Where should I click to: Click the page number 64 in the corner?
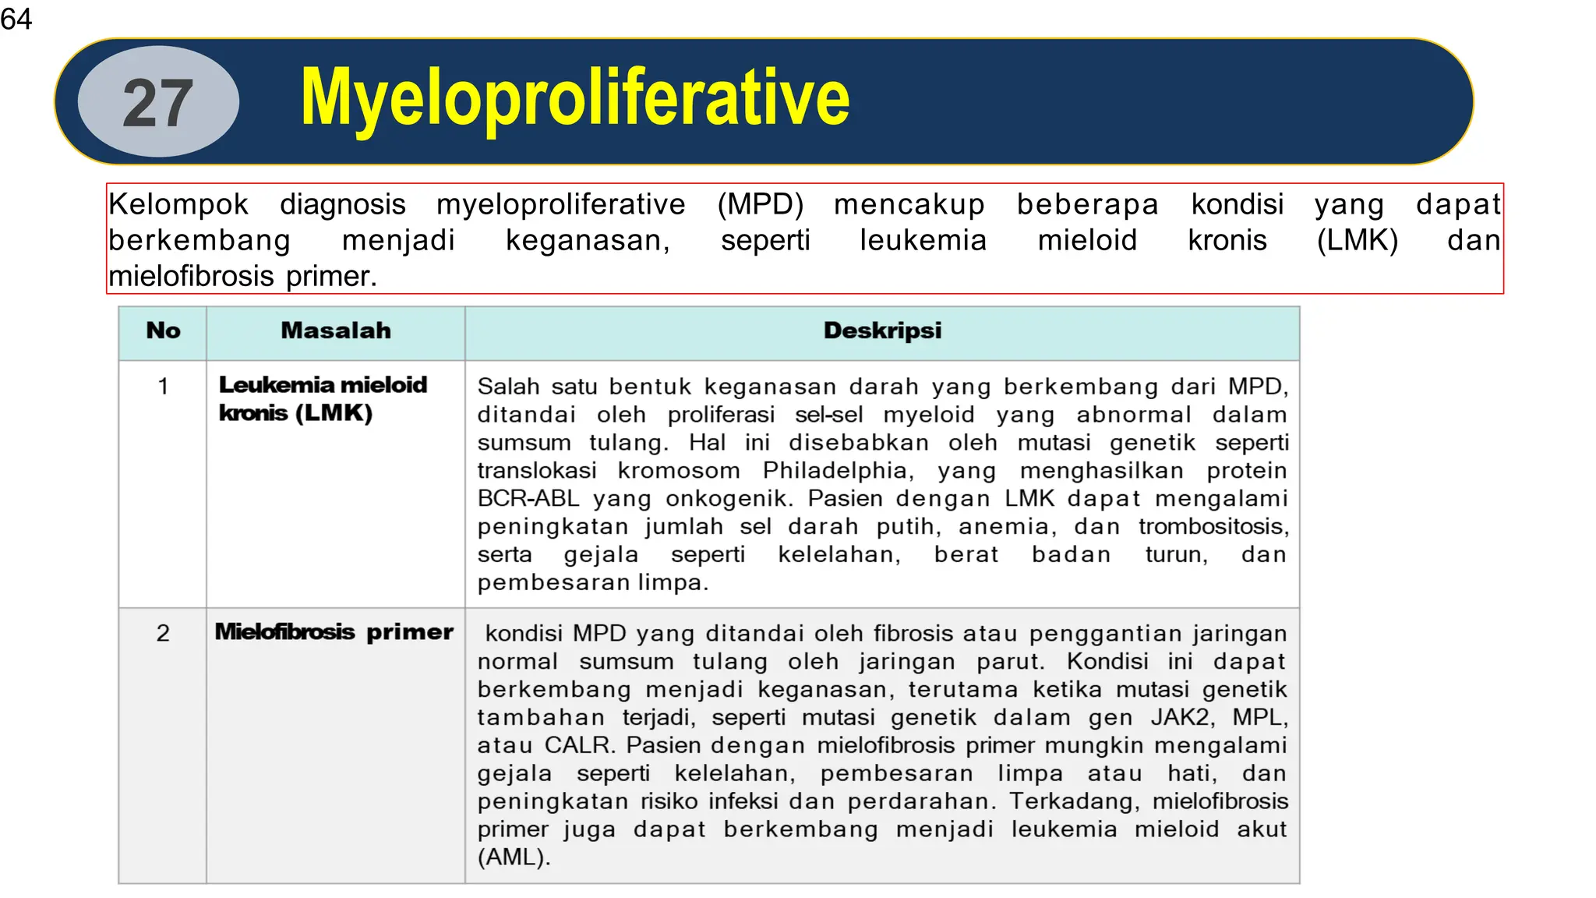tap(16, 19)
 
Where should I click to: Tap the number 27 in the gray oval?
tap(158, 103)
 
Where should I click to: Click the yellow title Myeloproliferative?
tap(574, 98)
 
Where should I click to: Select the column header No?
tap(163, 331)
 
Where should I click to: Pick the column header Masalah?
tap(336, 331)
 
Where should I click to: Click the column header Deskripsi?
tap(882, 331)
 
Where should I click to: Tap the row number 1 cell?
tap(163, 386)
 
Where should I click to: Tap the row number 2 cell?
tap(163, 633)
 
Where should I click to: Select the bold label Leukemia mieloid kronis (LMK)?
tap(322, 398)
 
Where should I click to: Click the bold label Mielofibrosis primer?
tap(334, 631)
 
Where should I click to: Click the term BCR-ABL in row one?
tap(528, 499)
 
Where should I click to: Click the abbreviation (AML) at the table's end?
tap(514, 857)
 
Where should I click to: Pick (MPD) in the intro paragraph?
tap(760, 204)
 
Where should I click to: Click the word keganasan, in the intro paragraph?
tap(588, 240)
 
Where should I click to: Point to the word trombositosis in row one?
tap(1213, 527)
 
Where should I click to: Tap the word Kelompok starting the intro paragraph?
tap(178, 204)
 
